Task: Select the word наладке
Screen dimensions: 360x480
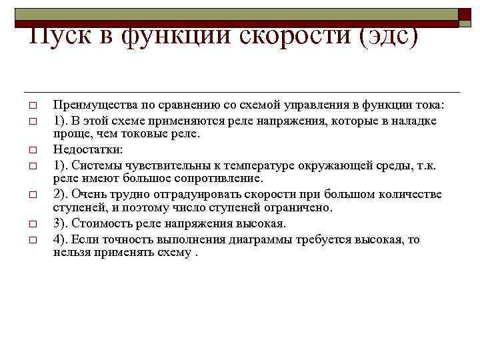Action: click(x=414, y=121)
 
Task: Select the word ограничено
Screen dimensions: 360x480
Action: click(x=304, y=207)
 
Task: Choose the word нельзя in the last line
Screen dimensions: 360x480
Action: click(x=71, y=253)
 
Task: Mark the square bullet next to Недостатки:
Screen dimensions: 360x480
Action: click(x=31, y=149)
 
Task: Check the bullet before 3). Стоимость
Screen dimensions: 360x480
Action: click(x=31, y=223)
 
